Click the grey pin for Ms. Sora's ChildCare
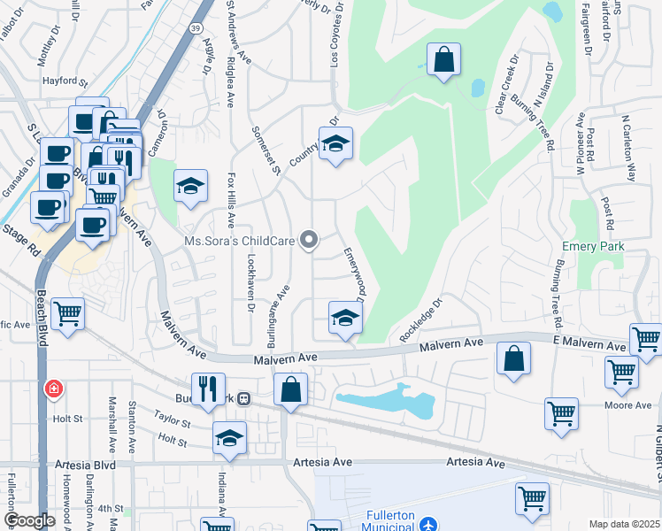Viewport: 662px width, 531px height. pos(309,240)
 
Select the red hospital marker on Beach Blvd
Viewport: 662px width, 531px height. pos(54,389)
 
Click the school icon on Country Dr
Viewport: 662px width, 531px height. pos(335,143)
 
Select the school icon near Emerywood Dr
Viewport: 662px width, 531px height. pos(345,318)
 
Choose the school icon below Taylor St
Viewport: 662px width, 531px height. pos(229,437)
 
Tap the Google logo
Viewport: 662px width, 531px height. pos(29,520)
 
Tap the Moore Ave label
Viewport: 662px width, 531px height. pos(629,405)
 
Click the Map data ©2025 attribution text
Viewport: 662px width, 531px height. pos(623,524)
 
